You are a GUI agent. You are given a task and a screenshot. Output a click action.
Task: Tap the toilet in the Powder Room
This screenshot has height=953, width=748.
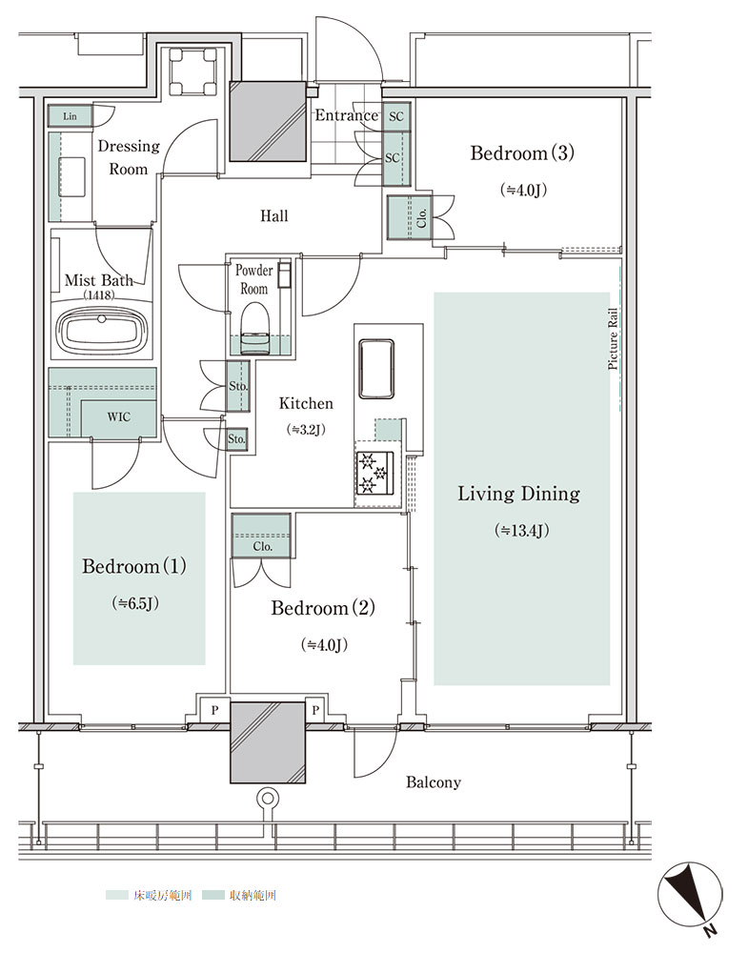point(255,329)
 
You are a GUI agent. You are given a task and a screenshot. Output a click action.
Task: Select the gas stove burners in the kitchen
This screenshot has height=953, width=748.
point(374,473)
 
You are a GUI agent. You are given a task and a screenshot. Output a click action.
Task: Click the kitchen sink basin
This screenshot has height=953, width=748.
point(376,369)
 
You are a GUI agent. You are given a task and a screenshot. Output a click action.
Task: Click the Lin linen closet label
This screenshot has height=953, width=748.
point(70,116)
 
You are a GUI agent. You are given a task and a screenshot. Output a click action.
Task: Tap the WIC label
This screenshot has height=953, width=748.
point(118,417)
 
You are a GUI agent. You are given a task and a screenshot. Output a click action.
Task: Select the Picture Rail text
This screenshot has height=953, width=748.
point(613,339)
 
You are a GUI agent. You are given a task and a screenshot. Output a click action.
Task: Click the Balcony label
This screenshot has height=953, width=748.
point(434,782)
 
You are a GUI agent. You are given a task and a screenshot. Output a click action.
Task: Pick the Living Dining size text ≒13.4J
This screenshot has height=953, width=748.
point(522,530)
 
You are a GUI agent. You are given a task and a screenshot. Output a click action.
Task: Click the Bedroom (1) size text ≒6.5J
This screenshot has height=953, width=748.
point(135,603)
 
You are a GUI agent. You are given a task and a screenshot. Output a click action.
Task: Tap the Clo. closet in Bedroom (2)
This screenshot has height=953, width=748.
point(261,536)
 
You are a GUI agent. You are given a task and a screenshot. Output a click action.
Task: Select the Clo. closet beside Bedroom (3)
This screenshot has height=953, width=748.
point(410,217)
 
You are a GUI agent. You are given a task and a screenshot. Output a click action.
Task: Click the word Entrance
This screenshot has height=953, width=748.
point(346,115)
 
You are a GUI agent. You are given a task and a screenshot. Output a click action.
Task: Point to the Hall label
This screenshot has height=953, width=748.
point(274,215)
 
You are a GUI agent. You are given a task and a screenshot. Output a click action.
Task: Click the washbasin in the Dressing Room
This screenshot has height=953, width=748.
point(72,177)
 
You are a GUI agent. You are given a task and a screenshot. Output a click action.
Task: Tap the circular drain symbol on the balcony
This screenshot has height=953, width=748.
point(267,798)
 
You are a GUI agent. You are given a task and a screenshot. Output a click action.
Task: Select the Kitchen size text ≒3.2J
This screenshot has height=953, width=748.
point(306,429)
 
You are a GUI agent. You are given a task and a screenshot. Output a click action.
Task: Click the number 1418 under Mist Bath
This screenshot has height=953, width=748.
point(98,296)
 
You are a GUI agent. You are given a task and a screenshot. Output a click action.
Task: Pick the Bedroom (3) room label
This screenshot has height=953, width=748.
point(522,152)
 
